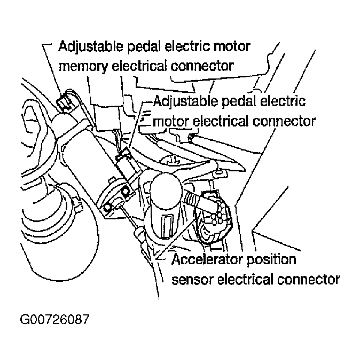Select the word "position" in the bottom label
pyautogui.click(x=271, y=260)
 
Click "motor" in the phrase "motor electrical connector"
pyautogui.click(x=171, y=121)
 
